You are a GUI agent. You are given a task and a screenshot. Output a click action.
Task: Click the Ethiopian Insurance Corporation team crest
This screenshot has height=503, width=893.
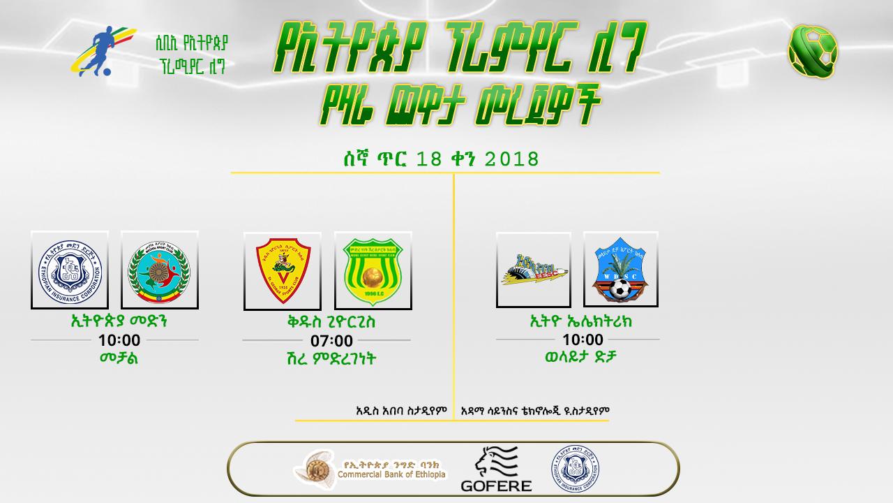70,270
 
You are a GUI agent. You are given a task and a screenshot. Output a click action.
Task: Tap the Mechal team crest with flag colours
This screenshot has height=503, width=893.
160,270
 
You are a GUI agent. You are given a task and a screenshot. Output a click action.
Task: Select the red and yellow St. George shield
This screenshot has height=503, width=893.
283,271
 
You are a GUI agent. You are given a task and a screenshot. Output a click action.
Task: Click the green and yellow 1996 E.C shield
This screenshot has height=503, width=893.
373,271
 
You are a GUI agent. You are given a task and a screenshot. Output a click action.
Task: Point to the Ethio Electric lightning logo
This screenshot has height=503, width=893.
534,270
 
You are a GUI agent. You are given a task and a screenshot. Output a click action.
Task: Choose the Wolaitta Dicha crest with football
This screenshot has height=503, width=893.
621,270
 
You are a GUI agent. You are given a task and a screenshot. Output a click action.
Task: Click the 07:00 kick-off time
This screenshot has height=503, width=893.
331,341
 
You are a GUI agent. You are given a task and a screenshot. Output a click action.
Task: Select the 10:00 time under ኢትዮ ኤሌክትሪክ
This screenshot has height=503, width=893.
583,340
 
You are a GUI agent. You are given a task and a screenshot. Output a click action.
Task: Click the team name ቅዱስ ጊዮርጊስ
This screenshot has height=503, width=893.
326,323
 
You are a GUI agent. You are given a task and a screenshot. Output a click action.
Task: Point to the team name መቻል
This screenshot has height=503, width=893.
119,358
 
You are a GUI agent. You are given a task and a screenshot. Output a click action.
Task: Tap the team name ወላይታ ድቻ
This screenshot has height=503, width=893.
581,357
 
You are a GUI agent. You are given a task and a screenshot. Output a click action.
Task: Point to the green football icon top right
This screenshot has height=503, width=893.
813,50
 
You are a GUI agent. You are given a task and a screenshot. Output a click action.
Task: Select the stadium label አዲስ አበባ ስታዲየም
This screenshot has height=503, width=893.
400,411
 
